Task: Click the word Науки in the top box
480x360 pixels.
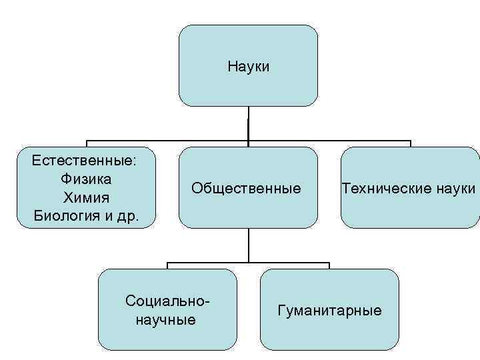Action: pos(248,67)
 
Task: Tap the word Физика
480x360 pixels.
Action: pos(85,179)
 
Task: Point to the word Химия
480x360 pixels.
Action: pos(85,198)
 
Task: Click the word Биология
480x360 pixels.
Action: pos(62,217)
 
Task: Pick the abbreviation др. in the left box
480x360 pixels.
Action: pos(127,217)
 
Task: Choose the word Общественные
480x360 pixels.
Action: pos(245,189)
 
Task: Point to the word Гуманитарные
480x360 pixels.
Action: pos(329,310)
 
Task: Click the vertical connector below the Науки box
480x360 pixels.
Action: pos(248,123)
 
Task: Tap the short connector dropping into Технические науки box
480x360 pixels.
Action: pos(410,143)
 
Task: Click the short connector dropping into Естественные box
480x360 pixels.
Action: pos(86,143)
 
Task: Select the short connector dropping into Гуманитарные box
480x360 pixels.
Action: pos(329,265)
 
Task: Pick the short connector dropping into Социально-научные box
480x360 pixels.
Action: pos(167,265)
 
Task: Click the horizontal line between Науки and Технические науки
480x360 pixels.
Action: pos(329,141)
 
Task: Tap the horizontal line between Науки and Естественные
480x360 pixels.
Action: pos(167,141)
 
